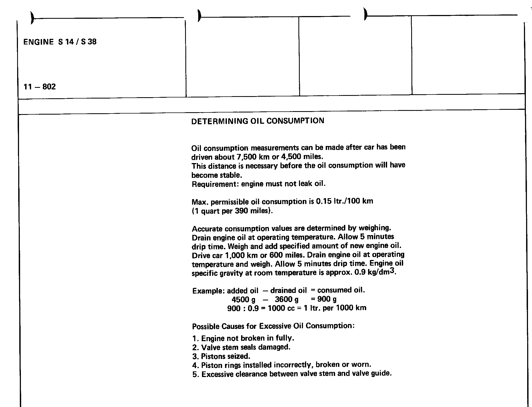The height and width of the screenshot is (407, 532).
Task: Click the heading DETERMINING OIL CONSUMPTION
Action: [x=258, y=121]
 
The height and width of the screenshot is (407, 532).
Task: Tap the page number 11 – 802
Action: [x=40, y=87]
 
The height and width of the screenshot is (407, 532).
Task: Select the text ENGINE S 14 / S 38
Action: [x=60, y=42]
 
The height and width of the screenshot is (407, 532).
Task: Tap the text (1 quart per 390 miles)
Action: [x=232, y=211]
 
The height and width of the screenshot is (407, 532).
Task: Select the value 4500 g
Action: [x=243, y=300]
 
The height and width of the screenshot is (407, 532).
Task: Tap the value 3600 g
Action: [x=286, y=299]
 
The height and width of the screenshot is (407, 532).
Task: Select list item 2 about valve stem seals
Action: [x=241, y=348]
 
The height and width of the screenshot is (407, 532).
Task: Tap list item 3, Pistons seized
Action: [x=221, y=356]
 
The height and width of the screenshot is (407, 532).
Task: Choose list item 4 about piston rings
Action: [x=282, y=365]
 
